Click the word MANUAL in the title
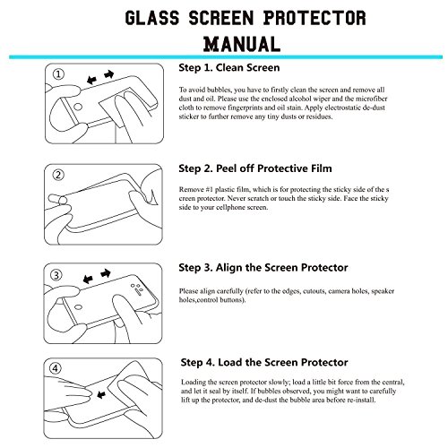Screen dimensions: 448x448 tap(242, 44)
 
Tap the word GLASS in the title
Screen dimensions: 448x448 tap(152, 18)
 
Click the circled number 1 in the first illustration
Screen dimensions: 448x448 tap(58, 74)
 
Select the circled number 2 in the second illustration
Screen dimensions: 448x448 tap(58, 175)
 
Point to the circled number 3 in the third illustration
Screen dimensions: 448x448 tap(56, 275)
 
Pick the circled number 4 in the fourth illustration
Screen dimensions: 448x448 tap(56, 368)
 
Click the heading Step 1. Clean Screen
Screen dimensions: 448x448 tap(229, 68)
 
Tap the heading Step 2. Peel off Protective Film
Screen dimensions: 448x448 tap(255, 168)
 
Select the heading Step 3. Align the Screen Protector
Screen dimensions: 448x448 tap(263, 268)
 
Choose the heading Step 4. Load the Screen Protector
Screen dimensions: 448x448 tap(264, 363)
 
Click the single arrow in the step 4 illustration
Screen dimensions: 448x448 tap(101, 395)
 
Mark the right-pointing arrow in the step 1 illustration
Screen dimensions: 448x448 tap(109, 74)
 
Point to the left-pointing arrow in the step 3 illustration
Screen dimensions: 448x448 tap(88, 280)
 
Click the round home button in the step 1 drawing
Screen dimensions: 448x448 tap(78, 107)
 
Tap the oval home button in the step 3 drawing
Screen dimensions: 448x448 tap(78, 307)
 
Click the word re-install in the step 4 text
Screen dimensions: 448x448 tap(361, 401)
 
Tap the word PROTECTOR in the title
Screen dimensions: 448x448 tap(314, 18)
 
